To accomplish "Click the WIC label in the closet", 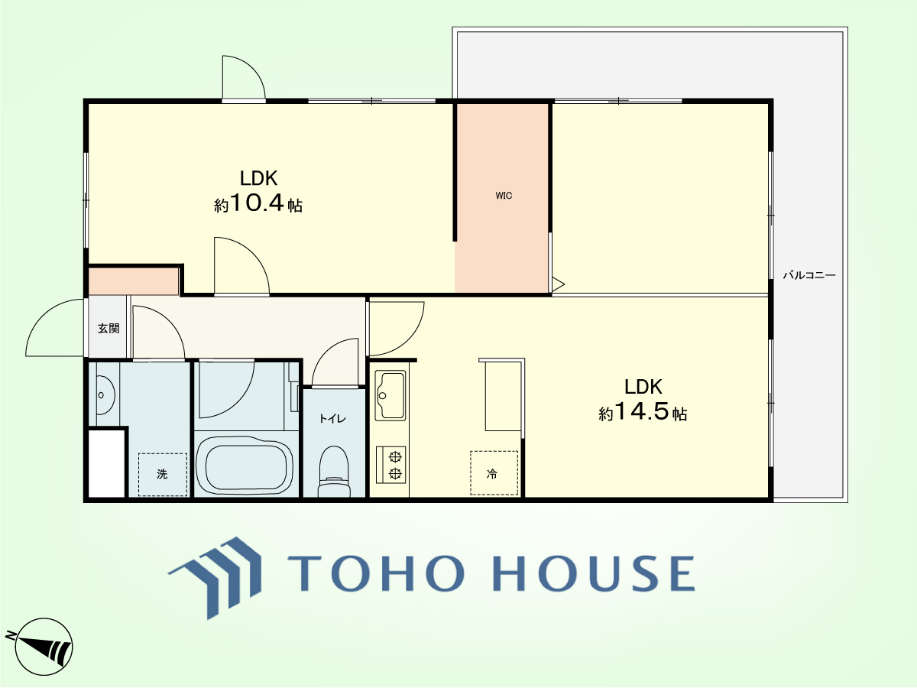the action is click(504, 196).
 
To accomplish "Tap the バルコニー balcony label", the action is click(808, 275).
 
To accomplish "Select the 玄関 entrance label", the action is click(109, 329).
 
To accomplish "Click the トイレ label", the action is click(332, 418).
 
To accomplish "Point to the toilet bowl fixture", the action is click(334, 472).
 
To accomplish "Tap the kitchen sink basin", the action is click(391, 395).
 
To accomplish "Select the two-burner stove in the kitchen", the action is click(391, 465).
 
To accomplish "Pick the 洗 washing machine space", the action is click(163, 475).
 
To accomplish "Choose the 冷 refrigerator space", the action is click(494, 473).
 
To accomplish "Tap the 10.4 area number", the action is click(257, 203).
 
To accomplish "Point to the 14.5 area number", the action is click(641, 411).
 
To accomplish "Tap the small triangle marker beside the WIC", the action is click(558, 284).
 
